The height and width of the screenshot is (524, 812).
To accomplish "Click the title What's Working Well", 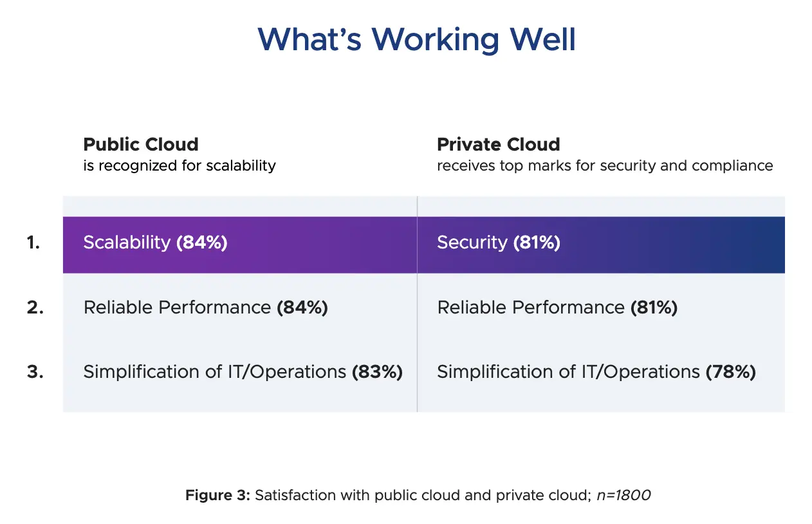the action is click(416, 39).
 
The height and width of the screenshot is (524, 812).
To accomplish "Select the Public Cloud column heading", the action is click(141, 144).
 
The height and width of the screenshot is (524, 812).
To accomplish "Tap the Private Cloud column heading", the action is click(499, 144).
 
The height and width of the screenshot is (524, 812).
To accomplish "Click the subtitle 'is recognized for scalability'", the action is click(180, 165).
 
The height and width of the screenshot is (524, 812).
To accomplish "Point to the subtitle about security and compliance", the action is click(605, 165).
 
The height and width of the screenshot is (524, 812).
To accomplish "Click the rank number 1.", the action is click(33, 242).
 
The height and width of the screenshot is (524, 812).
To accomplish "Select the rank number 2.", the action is click(35, 308).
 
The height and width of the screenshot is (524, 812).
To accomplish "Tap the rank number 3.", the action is click(35, 371).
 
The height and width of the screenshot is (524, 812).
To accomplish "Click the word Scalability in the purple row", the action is click(127, 243).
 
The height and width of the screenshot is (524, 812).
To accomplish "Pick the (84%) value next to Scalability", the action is click(202, 243).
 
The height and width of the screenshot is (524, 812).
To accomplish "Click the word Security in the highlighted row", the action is click(472, 243).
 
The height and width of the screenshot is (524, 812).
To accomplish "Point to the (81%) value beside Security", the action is click(537, 243).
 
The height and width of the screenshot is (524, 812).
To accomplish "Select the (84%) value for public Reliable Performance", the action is click(302, 308).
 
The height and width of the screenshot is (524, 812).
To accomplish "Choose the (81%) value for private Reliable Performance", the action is click(654, 308).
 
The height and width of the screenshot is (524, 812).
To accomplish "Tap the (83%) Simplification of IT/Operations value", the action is click(377, 372).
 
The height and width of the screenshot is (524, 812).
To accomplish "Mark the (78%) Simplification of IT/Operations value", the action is click(731, 372).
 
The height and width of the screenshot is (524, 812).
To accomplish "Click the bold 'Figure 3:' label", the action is click(218, 495).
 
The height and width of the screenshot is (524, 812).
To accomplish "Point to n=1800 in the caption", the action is click(623, 495).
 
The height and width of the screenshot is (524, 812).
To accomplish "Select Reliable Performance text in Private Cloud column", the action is click(531, 308).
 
